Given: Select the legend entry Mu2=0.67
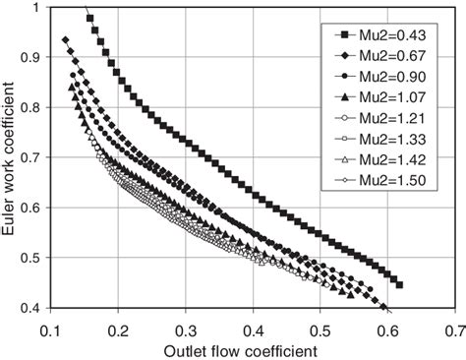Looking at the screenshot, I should pos(383,57).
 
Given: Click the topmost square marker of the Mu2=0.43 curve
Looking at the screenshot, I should pos(91,19).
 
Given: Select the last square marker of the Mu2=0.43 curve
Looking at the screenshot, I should pos(399,285).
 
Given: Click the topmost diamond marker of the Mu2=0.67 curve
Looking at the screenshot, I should pos(66,40).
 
